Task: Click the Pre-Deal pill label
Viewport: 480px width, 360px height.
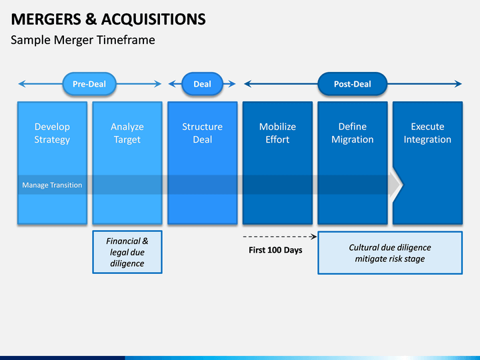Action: click(x=89, y=84)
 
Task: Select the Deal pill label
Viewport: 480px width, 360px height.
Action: click(x=203, y=84)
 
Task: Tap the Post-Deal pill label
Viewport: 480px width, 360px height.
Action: click(x=353, y=84)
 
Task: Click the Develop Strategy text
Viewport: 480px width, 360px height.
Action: click(x=52, y=133)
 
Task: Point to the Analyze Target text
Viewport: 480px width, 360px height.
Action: click(x=127, y=133)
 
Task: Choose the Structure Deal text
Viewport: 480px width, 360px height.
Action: click(x=203, y=133)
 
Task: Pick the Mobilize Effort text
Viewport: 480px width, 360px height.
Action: click(x=277, y=133)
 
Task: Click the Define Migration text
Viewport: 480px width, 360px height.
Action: click(x=353, y=133)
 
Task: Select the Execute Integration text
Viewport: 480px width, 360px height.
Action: click(x=427, y=133)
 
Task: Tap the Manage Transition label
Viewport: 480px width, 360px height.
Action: click(x=52, y=185)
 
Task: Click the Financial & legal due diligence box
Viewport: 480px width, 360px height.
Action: click(x=127, y=252)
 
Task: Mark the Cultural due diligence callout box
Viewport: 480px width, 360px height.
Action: click(x=390, y=253)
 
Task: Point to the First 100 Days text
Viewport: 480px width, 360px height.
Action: click(x=275, y=250)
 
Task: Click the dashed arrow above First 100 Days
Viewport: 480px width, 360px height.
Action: click(x=280, y=237)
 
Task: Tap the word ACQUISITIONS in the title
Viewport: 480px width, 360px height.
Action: click(x=153, y=19)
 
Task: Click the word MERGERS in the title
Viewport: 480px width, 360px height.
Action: click(x=46, y=19)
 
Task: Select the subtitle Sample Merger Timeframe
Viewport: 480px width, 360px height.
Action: click(x=83, y=40)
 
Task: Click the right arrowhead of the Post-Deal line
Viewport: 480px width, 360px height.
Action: click(x=459, y=84)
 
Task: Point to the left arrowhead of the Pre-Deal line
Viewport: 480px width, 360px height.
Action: click(x=22, y=84)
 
